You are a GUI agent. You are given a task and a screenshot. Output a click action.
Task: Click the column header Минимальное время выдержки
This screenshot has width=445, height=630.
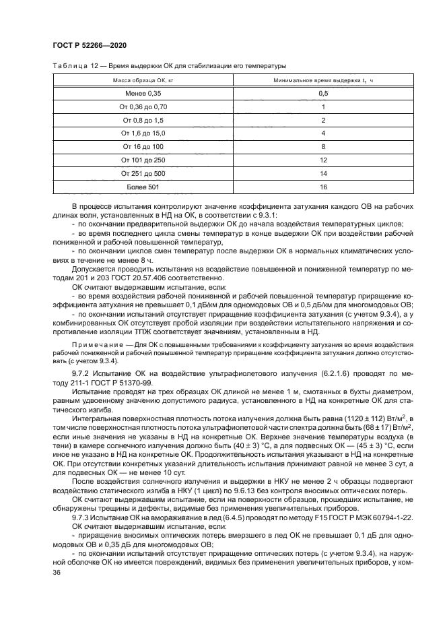[x=323, y=80]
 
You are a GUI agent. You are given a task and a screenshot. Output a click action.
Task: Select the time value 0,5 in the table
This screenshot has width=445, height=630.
[x=323, y=93]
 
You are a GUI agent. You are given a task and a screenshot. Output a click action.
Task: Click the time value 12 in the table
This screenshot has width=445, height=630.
[x=323, y=160]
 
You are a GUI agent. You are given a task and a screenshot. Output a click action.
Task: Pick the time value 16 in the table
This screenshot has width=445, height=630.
[x=323, y=187]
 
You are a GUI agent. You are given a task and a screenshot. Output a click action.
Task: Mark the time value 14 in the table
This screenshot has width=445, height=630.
[x=323, y=173]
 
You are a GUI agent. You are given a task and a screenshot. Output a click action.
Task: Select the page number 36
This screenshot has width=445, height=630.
[x=57, y=572]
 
